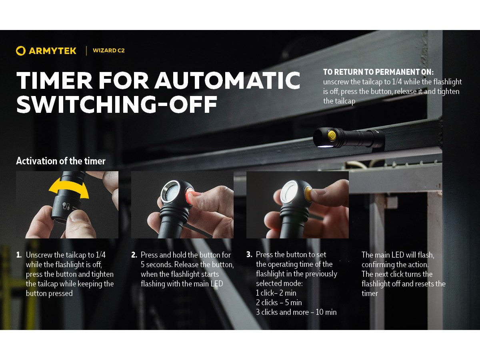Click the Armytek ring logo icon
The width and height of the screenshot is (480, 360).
pyautogui.click(x=21, y=51)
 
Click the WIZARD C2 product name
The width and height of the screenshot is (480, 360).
pyautogui.click(x=109, y=50)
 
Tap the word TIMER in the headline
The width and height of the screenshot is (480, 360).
pyautogui.click(x=54, y=80)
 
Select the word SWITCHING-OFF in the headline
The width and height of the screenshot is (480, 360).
pyautogui.click(x=117, y=104)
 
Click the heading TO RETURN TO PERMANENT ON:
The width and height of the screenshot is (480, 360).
pyautogui.click(x=378, y=72)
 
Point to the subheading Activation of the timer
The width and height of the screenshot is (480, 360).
pyautogui.click(x=61, y=161)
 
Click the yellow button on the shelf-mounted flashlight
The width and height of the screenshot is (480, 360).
pyautogui.click(x=332, y=135)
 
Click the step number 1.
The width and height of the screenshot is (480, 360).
pyautogui.click(x=19, y=255)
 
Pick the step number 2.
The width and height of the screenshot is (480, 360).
pyautogui.click(x=134, y=255)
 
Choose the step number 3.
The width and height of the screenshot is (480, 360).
pyautogui.click(x=249, y=254)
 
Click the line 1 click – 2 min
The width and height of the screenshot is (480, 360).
pyautogui.click(x=276, y=293)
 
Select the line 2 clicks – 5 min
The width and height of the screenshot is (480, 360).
pyautogui.click(x=279, y=302)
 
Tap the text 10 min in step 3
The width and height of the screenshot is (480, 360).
pyautogui.click(x=326, y=312)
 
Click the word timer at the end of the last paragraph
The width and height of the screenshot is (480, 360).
pyautogui.click(x=370, y=293)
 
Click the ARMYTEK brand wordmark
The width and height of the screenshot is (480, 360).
pyautogui.click(x=52, y=51)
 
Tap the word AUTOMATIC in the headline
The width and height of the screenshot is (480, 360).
pyautogui.click(x=228, y=80)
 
